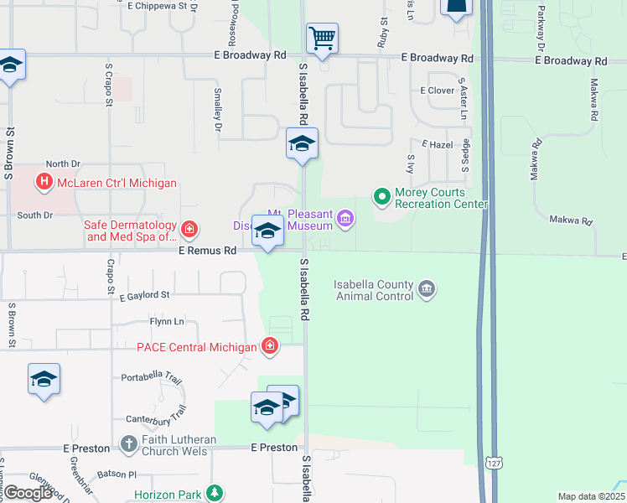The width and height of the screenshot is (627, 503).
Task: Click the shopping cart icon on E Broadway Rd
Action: tap(322, 39)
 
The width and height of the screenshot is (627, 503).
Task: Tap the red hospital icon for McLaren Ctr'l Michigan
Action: tap(44, 182)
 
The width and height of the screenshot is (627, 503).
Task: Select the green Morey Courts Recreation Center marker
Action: tap(382, 197)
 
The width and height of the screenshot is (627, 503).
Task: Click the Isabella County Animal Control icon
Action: tap(427, 290)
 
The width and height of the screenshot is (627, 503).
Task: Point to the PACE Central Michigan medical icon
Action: tap(269, 345)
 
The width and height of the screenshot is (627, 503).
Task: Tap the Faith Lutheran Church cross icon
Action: tap(128, 442)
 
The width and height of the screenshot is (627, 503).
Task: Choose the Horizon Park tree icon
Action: tap(215, 493)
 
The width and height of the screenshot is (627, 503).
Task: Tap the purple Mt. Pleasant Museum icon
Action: tap(345, 220)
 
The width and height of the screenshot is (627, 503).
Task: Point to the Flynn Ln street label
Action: tap(166, 321)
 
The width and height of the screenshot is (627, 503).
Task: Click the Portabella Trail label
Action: tap(152, 378)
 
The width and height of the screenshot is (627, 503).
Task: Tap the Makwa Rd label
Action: tap(571, 221)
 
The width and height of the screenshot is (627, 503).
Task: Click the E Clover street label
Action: tap(437, 91)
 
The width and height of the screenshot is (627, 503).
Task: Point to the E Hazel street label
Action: tap(437, 145)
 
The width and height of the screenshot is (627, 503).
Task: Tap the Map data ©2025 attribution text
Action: tap(590, 496)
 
